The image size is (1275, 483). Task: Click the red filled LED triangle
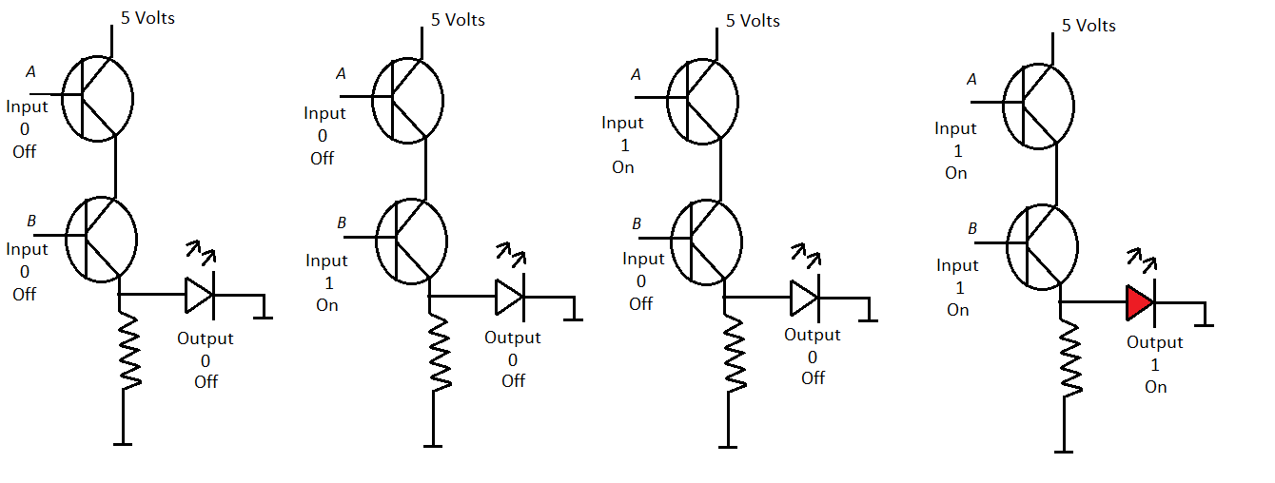[x=1138, y=303]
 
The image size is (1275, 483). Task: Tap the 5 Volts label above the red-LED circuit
[x=1089, y=25]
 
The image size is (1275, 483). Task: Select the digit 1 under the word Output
[x=1155, y=364]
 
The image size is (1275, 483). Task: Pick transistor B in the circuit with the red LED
[x=1042, y=245]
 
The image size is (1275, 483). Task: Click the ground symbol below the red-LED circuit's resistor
[x=1064, y=450]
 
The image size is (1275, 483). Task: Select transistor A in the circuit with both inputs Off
[x=98, y=97]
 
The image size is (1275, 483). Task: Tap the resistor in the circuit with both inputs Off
[x=130, y=352]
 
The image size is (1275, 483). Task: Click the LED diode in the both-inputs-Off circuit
[x=199, y=295]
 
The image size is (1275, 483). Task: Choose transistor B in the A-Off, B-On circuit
[x=411, y=238]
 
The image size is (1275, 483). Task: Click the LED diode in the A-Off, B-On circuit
[x=509, y=297]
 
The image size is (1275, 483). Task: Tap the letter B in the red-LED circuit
[x=972, y=228]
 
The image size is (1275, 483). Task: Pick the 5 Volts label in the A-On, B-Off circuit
[x=753, y=21]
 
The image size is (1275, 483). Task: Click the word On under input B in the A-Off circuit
[x=327, y=305]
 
